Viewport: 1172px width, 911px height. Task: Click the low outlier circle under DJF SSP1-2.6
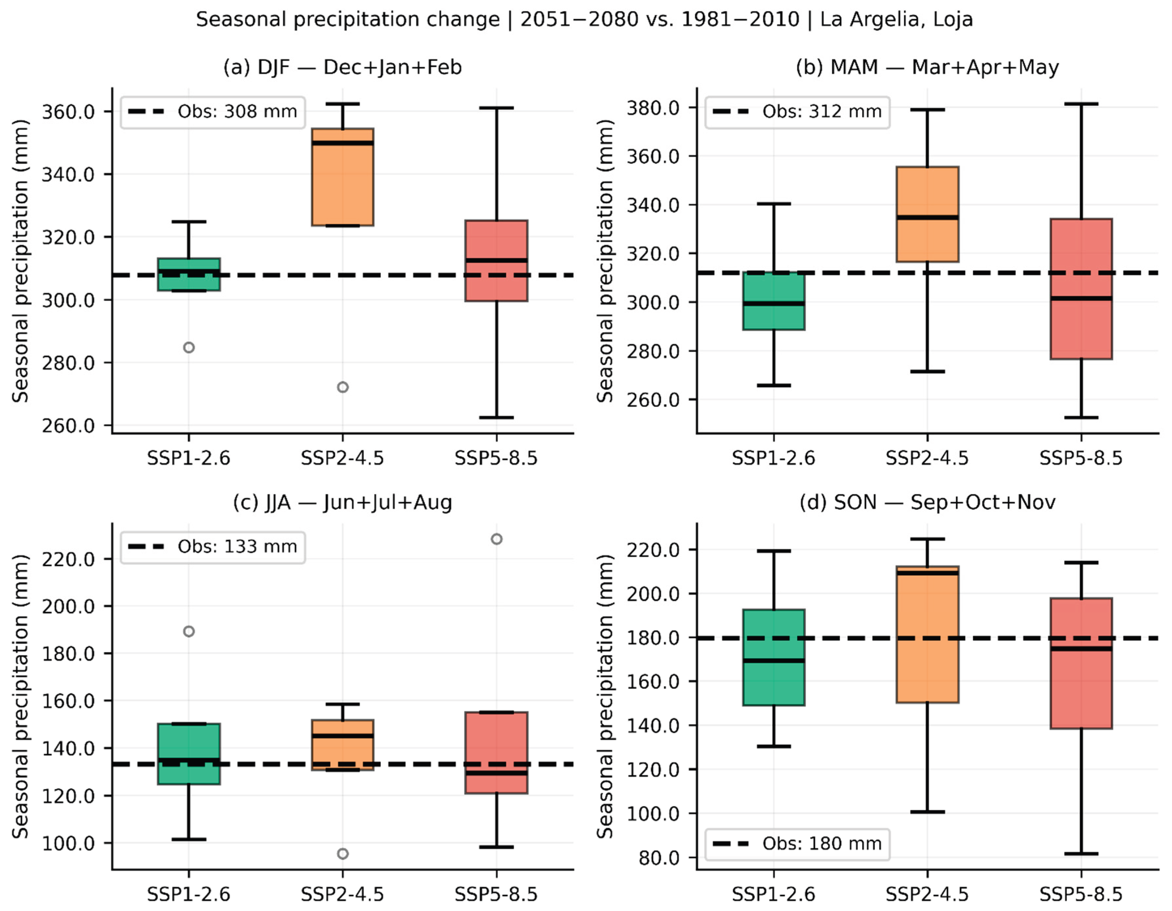[x=189, y=348]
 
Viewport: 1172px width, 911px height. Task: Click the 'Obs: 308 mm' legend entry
[x=212, y=111]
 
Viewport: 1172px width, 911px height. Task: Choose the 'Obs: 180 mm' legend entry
[x=797, y=843]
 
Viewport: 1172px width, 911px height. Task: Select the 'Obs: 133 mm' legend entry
[x=212, y=547]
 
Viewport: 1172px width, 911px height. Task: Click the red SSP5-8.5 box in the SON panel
[x=1081, y=663]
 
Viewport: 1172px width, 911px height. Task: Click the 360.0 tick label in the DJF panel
[x=68, y=111]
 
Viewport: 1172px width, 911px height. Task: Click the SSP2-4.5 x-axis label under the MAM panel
[x=927, y=458]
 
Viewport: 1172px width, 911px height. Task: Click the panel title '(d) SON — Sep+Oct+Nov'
[x=927, y=503]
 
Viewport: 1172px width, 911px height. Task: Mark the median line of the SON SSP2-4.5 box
[x=927, y=573]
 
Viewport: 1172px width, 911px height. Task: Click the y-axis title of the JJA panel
[x=20, y=696]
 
